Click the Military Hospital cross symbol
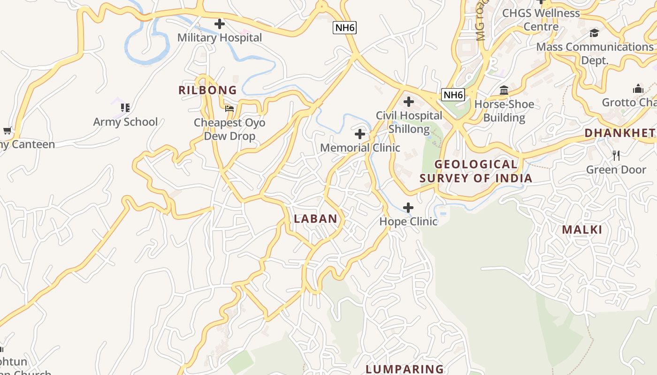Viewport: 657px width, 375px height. pyautogui.click(x=219, y=24)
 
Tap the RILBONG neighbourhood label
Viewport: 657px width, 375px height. pyautogui.click(x=207, y=90)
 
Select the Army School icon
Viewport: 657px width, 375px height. pyautogui.click(x=125, y=108)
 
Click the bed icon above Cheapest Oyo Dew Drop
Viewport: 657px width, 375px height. pyautogui.click(x=229, y=108)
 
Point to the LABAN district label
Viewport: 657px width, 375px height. pyautogui.click(x=315, y=218)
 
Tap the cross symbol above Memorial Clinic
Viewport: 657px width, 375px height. pyautogui.click(x=360, y=135)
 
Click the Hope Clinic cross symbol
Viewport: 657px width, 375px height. pyautogui.click(x=408, y=208)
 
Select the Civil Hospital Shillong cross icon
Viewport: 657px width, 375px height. pyautogui.click(x=409, y=101)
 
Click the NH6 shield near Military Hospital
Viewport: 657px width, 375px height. pyautogui.click(x=345, y=28)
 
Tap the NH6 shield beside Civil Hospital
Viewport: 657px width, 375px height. pyautogui.click(x=453, y=95)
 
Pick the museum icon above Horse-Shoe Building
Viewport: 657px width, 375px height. pyautogui.click(x=504, y=90)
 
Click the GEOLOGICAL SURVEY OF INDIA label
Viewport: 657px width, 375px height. pyautogui.click(x=476, y=171)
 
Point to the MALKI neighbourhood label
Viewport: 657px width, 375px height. pyautogui.click(x=582, y=230)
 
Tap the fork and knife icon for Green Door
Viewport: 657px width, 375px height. pyautogui.click(x=616, y=155)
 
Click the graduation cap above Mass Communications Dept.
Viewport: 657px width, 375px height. pyautogui.click(x=595, y=33)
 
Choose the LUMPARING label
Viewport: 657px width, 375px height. pyautogui.click(x=405, y=369)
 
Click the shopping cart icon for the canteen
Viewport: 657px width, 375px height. pyautogui.click(x=7, y=130)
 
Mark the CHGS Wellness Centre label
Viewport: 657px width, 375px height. pyautogui.click(x=541, y=19)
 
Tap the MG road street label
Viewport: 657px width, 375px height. pyautogui.click(x=481, y=21)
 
